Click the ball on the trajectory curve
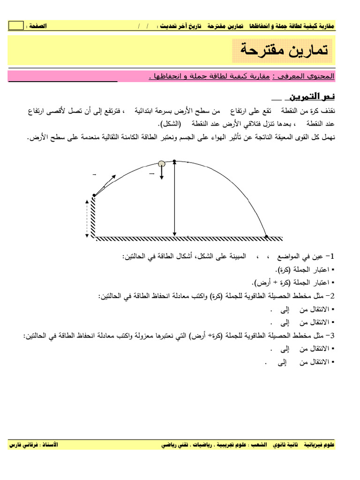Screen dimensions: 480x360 (x=162, y=164)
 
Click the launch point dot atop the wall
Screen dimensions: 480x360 (x=94, y=195)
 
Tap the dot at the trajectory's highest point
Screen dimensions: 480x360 (x=174, y=161)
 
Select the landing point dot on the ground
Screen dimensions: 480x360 (x=266, y=236)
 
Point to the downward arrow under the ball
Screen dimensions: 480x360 (x=162, y=173)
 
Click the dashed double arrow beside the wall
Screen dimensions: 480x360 (x=87, y=218)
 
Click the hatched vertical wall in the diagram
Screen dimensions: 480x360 (x=93, y=217)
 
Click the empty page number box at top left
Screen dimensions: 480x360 (x=15, y=25)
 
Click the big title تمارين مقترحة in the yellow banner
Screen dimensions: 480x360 (x=282, y=50)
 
